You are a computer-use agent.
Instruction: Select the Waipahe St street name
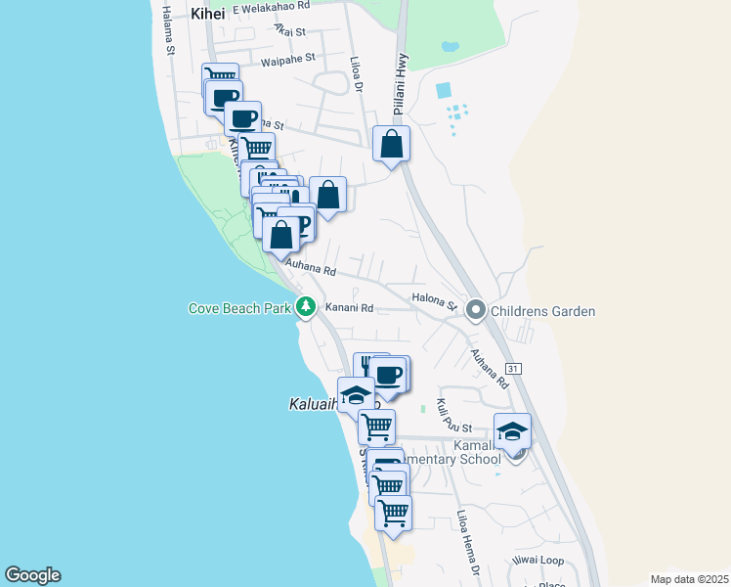click(288, 59)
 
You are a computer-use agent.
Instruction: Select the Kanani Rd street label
click(350, 308)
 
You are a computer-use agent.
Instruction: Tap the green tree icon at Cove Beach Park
click(306, 308)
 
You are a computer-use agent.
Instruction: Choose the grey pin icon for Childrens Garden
click(476, 311)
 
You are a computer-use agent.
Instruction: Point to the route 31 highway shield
click(515, 369)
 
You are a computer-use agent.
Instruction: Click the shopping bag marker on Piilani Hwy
click(391, 145)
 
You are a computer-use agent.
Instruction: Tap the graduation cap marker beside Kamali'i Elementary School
click(512, 431)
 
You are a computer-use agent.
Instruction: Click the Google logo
click(32, 575)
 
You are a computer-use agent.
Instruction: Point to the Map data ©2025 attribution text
click(688, 579)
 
